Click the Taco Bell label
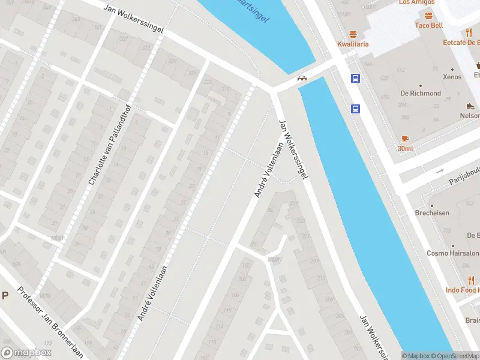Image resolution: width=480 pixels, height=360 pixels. click(429, 25)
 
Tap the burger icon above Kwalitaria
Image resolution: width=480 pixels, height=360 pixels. click(353, 34)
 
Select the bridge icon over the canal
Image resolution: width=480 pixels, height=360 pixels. click(302, 77)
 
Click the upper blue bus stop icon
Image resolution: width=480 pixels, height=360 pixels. click(355, 78)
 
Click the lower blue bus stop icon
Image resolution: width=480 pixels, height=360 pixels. click(355, 109)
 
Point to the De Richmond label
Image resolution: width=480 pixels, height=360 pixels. click(421, 93)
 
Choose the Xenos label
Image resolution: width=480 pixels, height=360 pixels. click(452, 77)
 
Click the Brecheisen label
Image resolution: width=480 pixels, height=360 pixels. click(432, 212)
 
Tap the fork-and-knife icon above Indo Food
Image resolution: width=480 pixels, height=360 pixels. click(472, 280)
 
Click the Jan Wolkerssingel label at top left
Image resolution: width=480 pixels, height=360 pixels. click(133, 19)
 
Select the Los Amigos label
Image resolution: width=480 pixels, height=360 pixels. click(416, 2)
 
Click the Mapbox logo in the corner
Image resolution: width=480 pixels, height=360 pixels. click(26, 352)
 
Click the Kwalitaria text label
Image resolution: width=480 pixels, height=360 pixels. click(353, 44)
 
